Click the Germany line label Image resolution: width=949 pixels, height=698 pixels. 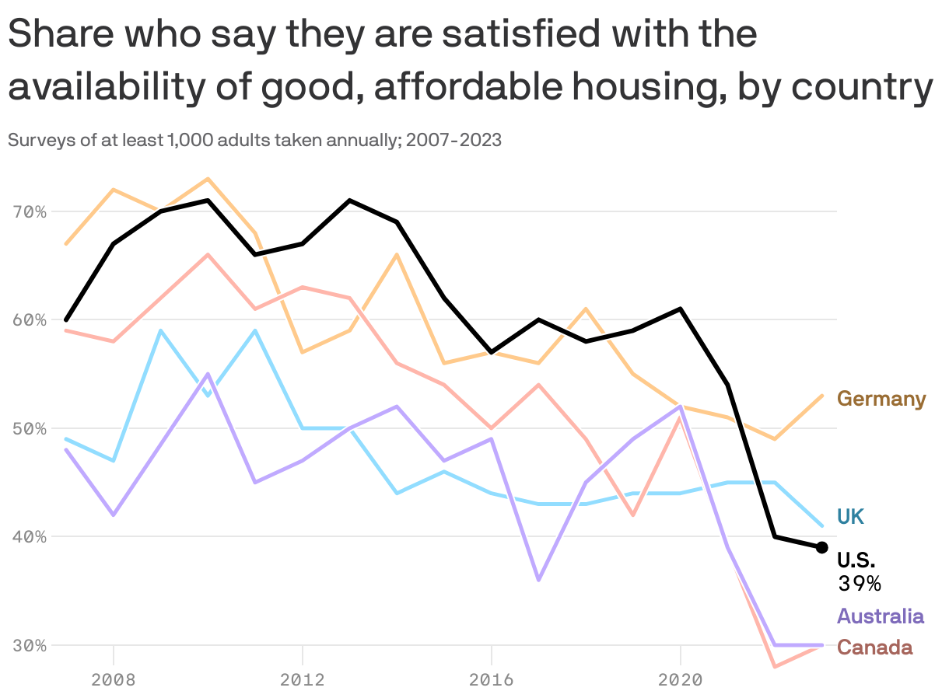coord(881,400)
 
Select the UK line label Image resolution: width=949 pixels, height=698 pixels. coord(850,517)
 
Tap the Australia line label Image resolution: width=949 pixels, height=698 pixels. coord(881,617)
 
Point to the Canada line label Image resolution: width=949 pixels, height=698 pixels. coord(874,647)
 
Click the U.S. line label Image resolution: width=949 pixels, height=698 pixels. coord(856,560)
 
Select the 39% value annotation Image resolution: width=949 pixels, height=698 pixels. coord(859,584)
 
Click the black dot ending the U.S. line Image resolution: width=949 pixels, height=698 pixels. coord(821,547)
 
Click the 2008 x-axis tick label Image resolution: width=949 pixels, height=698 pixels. coord(114,680)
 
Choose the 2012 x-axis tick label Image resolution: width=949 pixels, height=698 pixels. coord(303,680)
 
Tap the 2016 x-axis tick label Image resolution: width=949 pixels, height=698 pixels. coord(491,680)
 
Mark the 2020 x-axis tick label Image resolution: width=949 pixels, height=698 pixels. coord(680,680)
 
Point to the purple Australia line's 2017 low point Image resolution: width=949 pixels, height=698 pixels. coord(538,580)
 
